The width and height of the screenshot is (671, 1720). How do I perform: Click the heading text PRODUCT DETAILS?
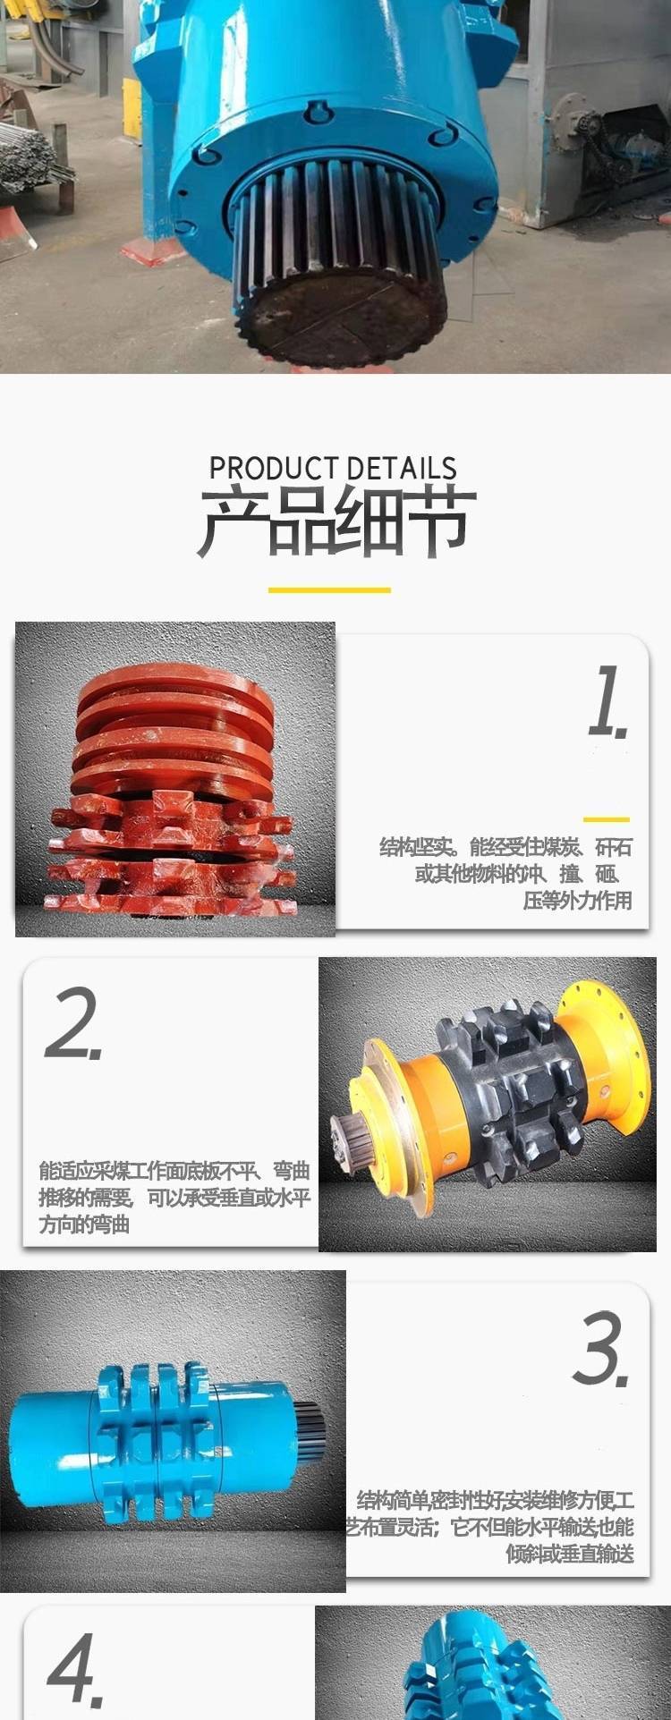click(x=333, y=468)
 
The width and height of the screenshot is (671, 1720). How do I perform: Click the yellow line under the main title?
click(x=329, y=589)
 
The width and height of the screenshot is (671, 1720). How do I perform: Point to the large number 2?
click(x=74, y=1023)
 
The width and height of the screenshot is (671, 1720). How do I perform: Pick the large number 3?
click(x=601, y=1348)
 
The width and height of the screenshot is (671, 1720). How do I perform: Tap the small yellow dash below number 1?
click(x=606, y=819)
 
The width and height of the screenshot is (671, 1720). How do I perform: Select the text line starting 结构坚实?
click(x=506, y=846)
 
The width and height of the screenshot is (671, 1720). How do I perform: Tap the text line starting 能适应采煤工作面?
click(x=174, y=1169)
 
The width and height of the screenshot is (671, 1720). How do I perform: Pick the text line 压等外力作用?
click(x=577, y=900)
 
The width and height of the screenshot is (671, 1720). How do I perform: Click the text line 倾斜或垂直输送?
click(x=570, y=1554)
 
